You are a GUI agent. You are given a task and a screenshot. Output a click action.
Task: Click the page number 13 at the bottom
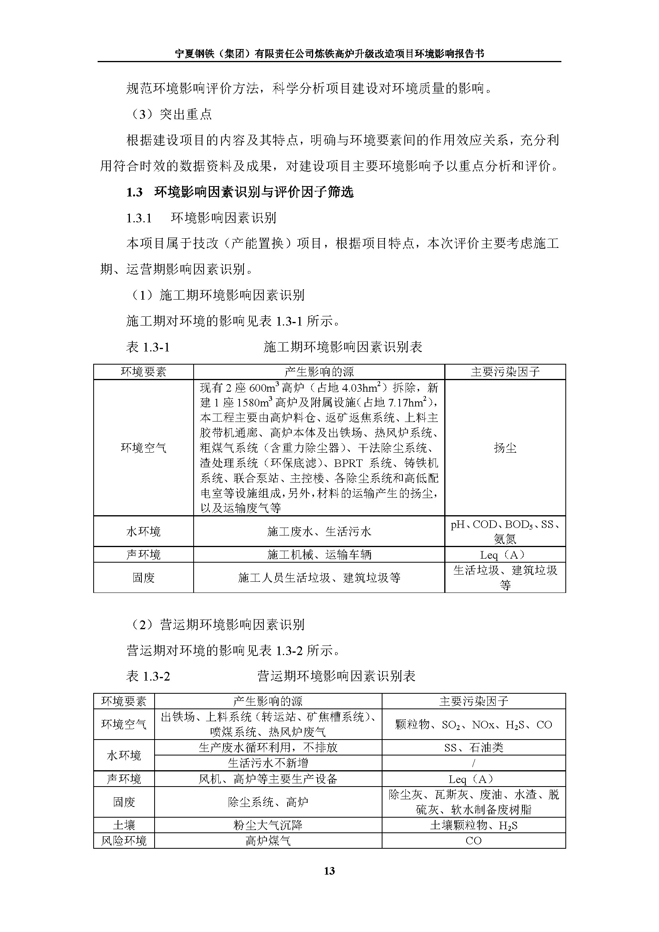coord(329,870)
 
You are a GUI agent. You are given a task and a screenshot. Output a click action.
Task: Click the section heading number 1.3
coord(134,192)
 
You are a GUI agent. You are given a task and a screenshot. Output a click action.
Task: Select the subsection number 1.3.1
coord(139,218)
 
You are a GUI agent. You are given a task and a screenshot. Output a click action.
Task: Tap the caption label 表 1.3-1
coord(148,347)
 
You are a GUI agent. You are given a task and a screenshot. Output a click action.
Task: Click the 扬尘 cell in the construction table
coord(505,448)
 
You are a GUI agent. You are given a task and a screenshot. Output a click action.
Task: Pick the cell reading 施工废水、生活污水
coord(319,532)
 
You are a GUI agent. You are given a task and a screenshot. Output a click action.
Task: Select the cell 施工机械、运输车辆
coord(319,555)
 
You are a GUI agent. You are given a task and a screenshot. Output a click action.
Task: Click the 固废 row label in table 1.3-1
coord(143,578)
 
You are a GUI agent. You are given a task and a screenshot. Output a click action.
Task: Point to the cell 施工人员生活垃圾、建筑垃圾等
coord(319,578)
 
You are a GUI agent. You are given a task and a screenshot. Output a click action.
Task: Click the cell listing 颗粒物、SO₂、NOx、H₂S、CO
coord(473,724)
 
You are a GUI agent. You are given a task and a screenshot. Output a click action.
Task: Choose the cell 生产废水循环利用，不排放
coord(268,747)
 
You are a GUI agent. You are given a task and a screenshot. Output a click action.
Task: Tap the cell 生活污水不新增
coord(268,763)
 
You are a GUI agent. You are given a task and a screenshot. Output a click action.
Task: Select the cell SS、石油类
coord(473,747)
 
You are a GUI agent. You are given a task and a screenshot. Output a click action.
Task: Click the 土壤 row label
coord(124,825)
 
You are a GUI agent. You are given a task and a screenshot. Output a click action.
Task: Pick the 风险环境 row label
coord(124,840)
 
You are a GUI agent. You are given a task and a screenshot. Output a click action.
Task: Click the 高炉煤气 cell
coord(268,840)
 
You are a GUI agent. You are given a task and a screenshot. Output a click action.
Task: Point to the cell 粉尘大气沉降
coord(268,825)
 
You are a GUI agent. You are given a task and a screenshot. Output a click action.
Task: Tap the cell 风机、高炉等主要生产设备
coord(268,779)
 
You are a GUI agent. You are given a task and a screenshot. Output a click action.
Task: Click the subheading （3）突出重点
coord(171,114)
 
